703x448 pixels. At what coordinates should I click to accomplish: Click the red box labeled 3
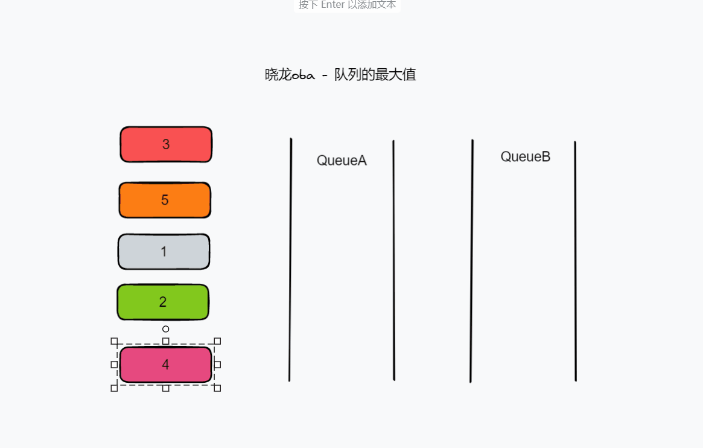pos(166,144)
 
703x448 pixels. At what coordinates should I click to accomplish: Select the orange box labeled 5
pos(165,200)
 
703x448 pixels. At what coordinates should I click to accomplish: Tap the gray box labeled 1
pos(164,252)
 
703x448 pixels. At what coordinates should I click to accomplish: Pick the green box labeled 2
pos(163,302)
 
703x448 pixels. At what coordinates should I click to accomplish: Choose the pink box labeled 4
pos(165,365)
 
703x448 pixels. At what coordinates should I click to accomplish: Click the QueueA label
pos(342,161)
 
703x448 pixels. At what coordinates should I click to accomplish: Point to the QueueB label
pos(525,157)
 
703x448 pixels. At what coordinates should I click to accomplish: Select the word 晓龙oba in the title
pos(290,75)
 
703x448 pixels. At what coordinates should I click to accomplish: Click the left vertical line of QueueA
pos(290,260)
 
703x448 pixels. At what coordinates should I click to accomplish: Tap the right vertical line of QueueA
pos(393,260)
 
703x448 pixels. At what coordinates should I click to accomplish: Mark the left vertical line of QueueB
pos(471,260)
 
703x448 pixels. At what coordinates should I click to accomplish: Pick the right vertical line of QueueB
pos(575,260)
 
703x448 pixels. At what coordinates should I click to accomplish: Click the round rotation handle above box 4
pos(166,329)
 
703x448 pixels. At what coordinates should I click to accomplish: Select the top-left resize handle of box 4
pos(114,341)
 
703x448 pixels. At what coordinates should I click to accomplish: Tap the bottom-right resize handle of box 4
pos(217,388)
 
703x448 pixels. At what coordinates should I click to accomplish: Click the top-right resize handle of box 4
pos(217,341)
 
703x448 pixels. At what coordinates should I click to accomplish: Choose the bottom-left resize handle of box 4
pos(114,388)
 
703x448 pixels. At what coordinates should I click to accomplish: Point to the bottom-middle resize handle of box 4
pos(166,388)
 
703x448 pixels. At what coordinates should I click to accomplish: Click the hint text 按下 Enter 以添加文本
pos(347,5)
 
